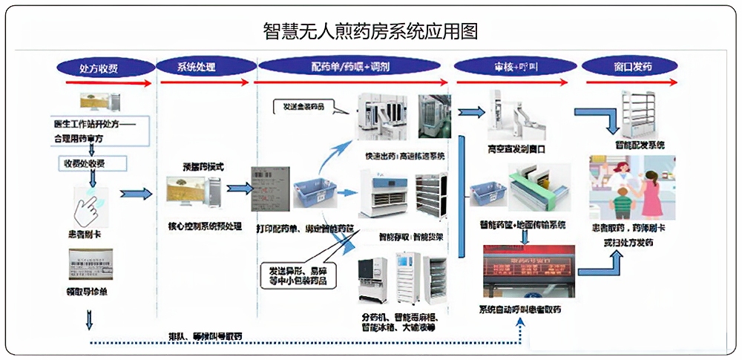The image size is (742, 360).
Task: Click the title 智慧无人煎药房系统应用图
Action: pos(371,30)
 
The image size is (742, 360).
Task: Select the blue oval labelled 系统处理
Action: pos(197,67)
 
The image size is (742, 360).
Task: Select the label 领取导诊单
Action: pos(88,291)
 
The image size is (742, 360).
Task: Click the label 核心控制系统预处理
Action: pos(200,226)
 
